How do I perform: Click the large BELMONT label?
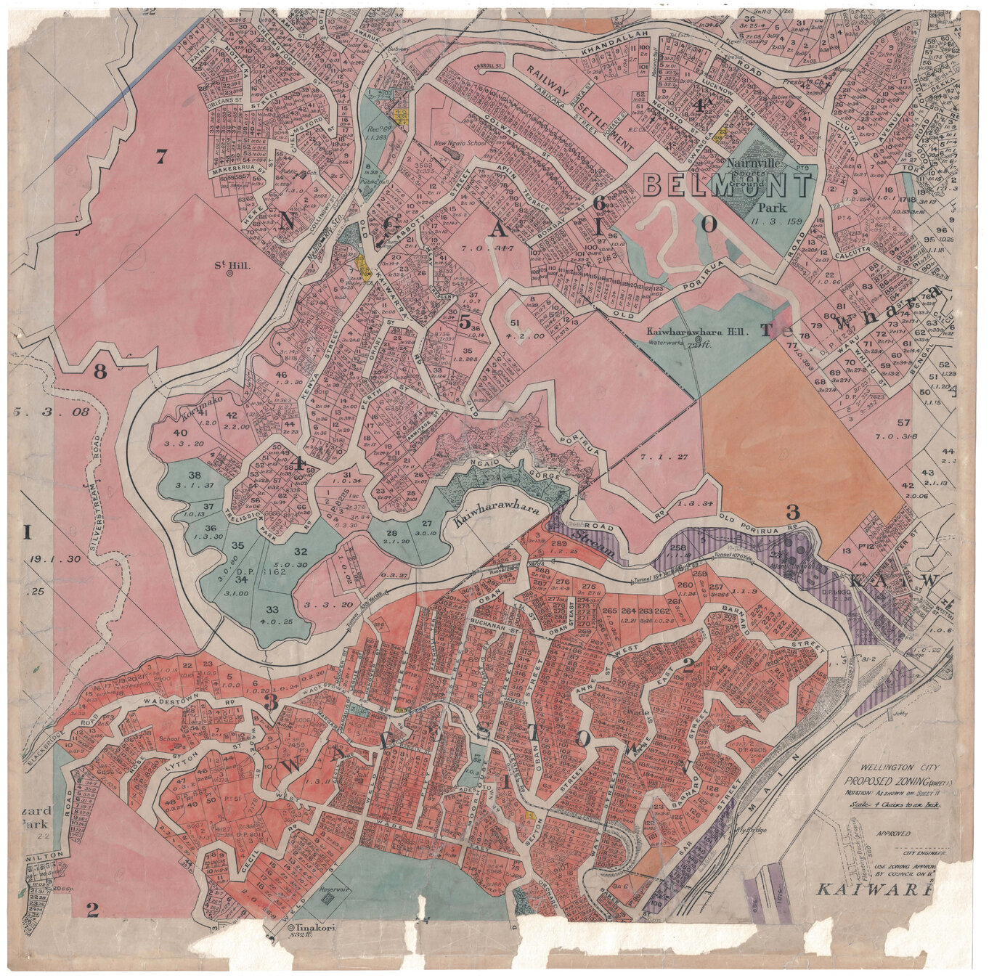(x=727, y=187)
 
